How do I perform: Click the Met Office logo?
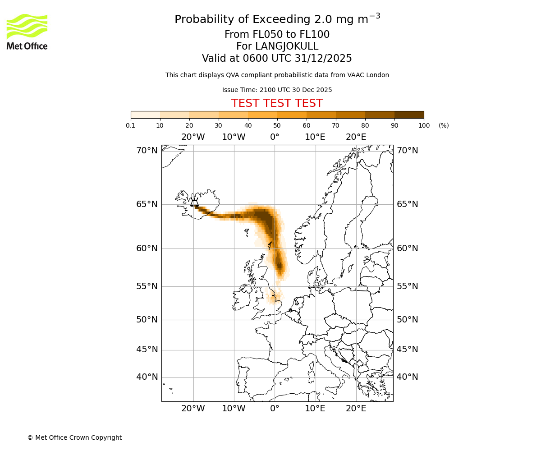(27, 32)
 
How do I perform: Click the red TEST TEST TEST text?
(277, 103)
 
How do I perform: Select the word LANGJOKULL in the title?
(287, 46)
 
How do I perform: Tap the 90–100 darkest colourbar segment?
(409, 115)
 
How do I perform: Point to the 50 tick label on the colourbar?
(277, 125)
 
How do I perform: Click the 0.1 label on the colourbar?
(131, 125)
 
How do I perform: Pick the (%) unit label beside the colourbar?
(444, 125)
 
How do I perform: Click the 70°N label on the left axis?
(147, 151)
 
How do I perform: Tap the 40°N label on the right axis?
(407, 377)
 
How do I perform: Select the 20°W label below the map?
(193, 409)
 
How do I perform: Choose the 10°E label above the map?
(315, 137)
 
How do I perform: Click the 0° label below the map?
(275, 409)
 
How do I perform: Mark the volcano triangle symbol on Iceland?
(194, 203)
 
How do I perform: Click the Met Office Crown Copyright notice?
(74, 437)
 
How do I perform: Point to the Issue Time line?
(277, 90)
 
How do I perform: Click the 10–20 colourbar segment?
(174, 115)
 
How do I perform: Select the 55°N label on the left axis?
(147, 286)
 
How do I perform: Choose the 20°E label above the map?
(356, 137)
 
